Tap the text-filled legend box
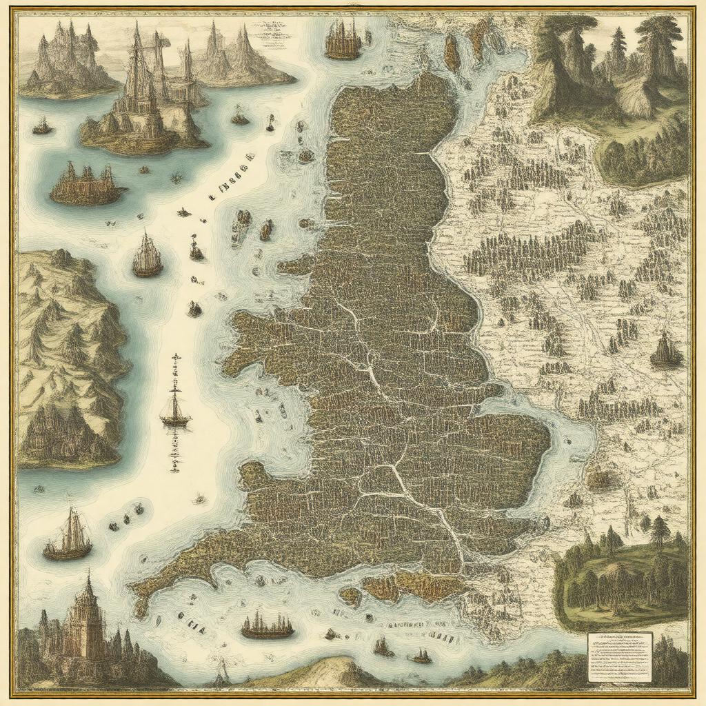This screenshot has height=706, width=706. click(619, 656)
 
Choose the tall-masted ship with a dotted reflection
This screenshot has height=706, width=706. click(176, 407)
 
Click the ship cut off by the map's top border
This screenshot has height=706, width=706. click(343, 39)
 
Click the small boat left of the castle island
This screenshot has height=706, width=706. click(42, 126)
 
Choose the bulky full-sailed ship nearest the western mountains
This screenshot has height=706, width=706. click(147, 256)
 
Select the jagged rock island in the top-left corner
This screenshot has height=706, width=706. click(65, 62)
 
